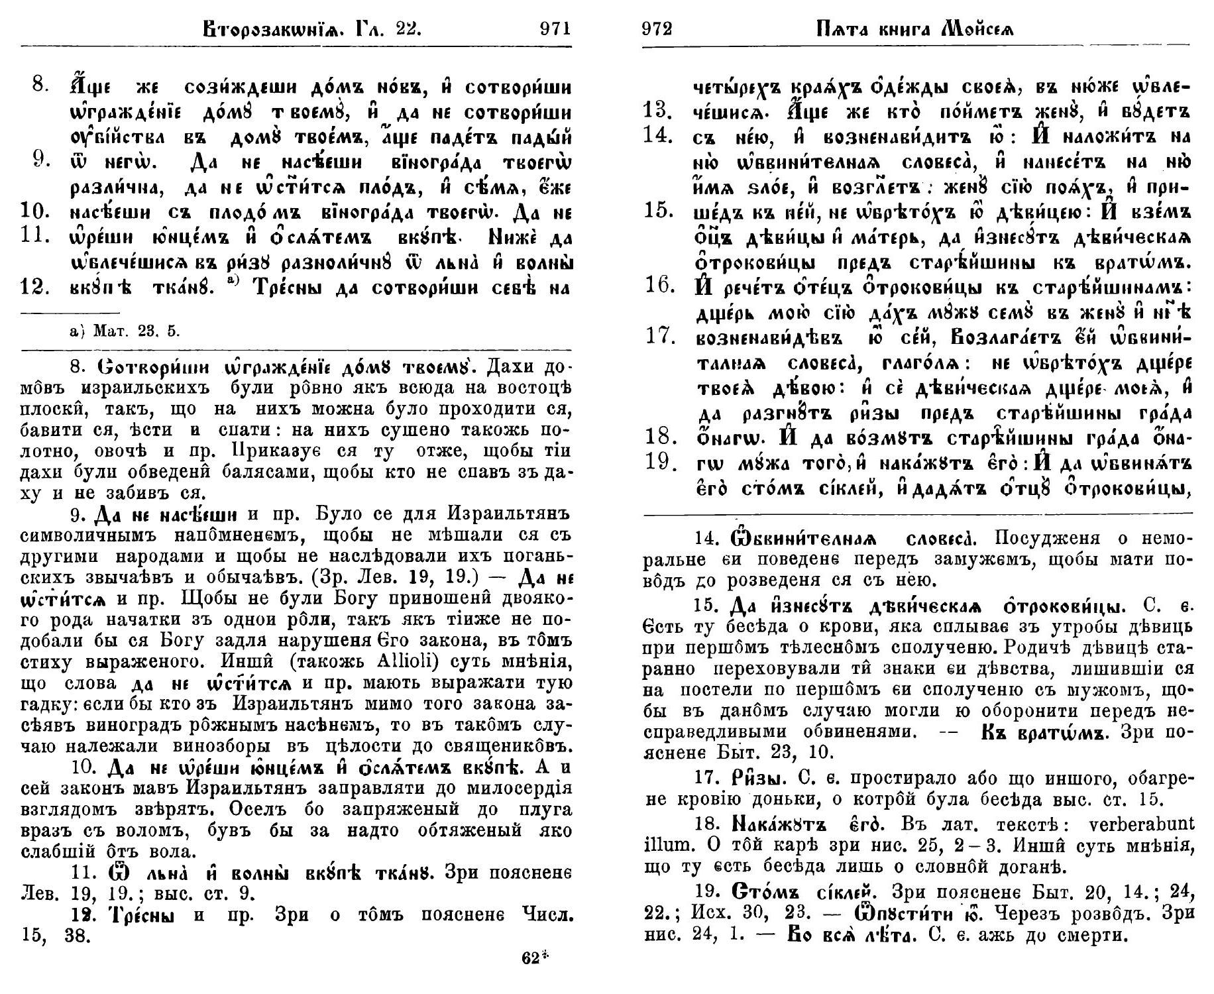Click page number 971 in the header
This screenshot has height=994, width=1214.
click(555, 28)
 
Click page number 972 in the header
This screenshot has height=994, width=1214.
click(657, 28)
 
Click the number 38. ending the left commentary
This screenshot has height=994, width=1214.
click(78, 936)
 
